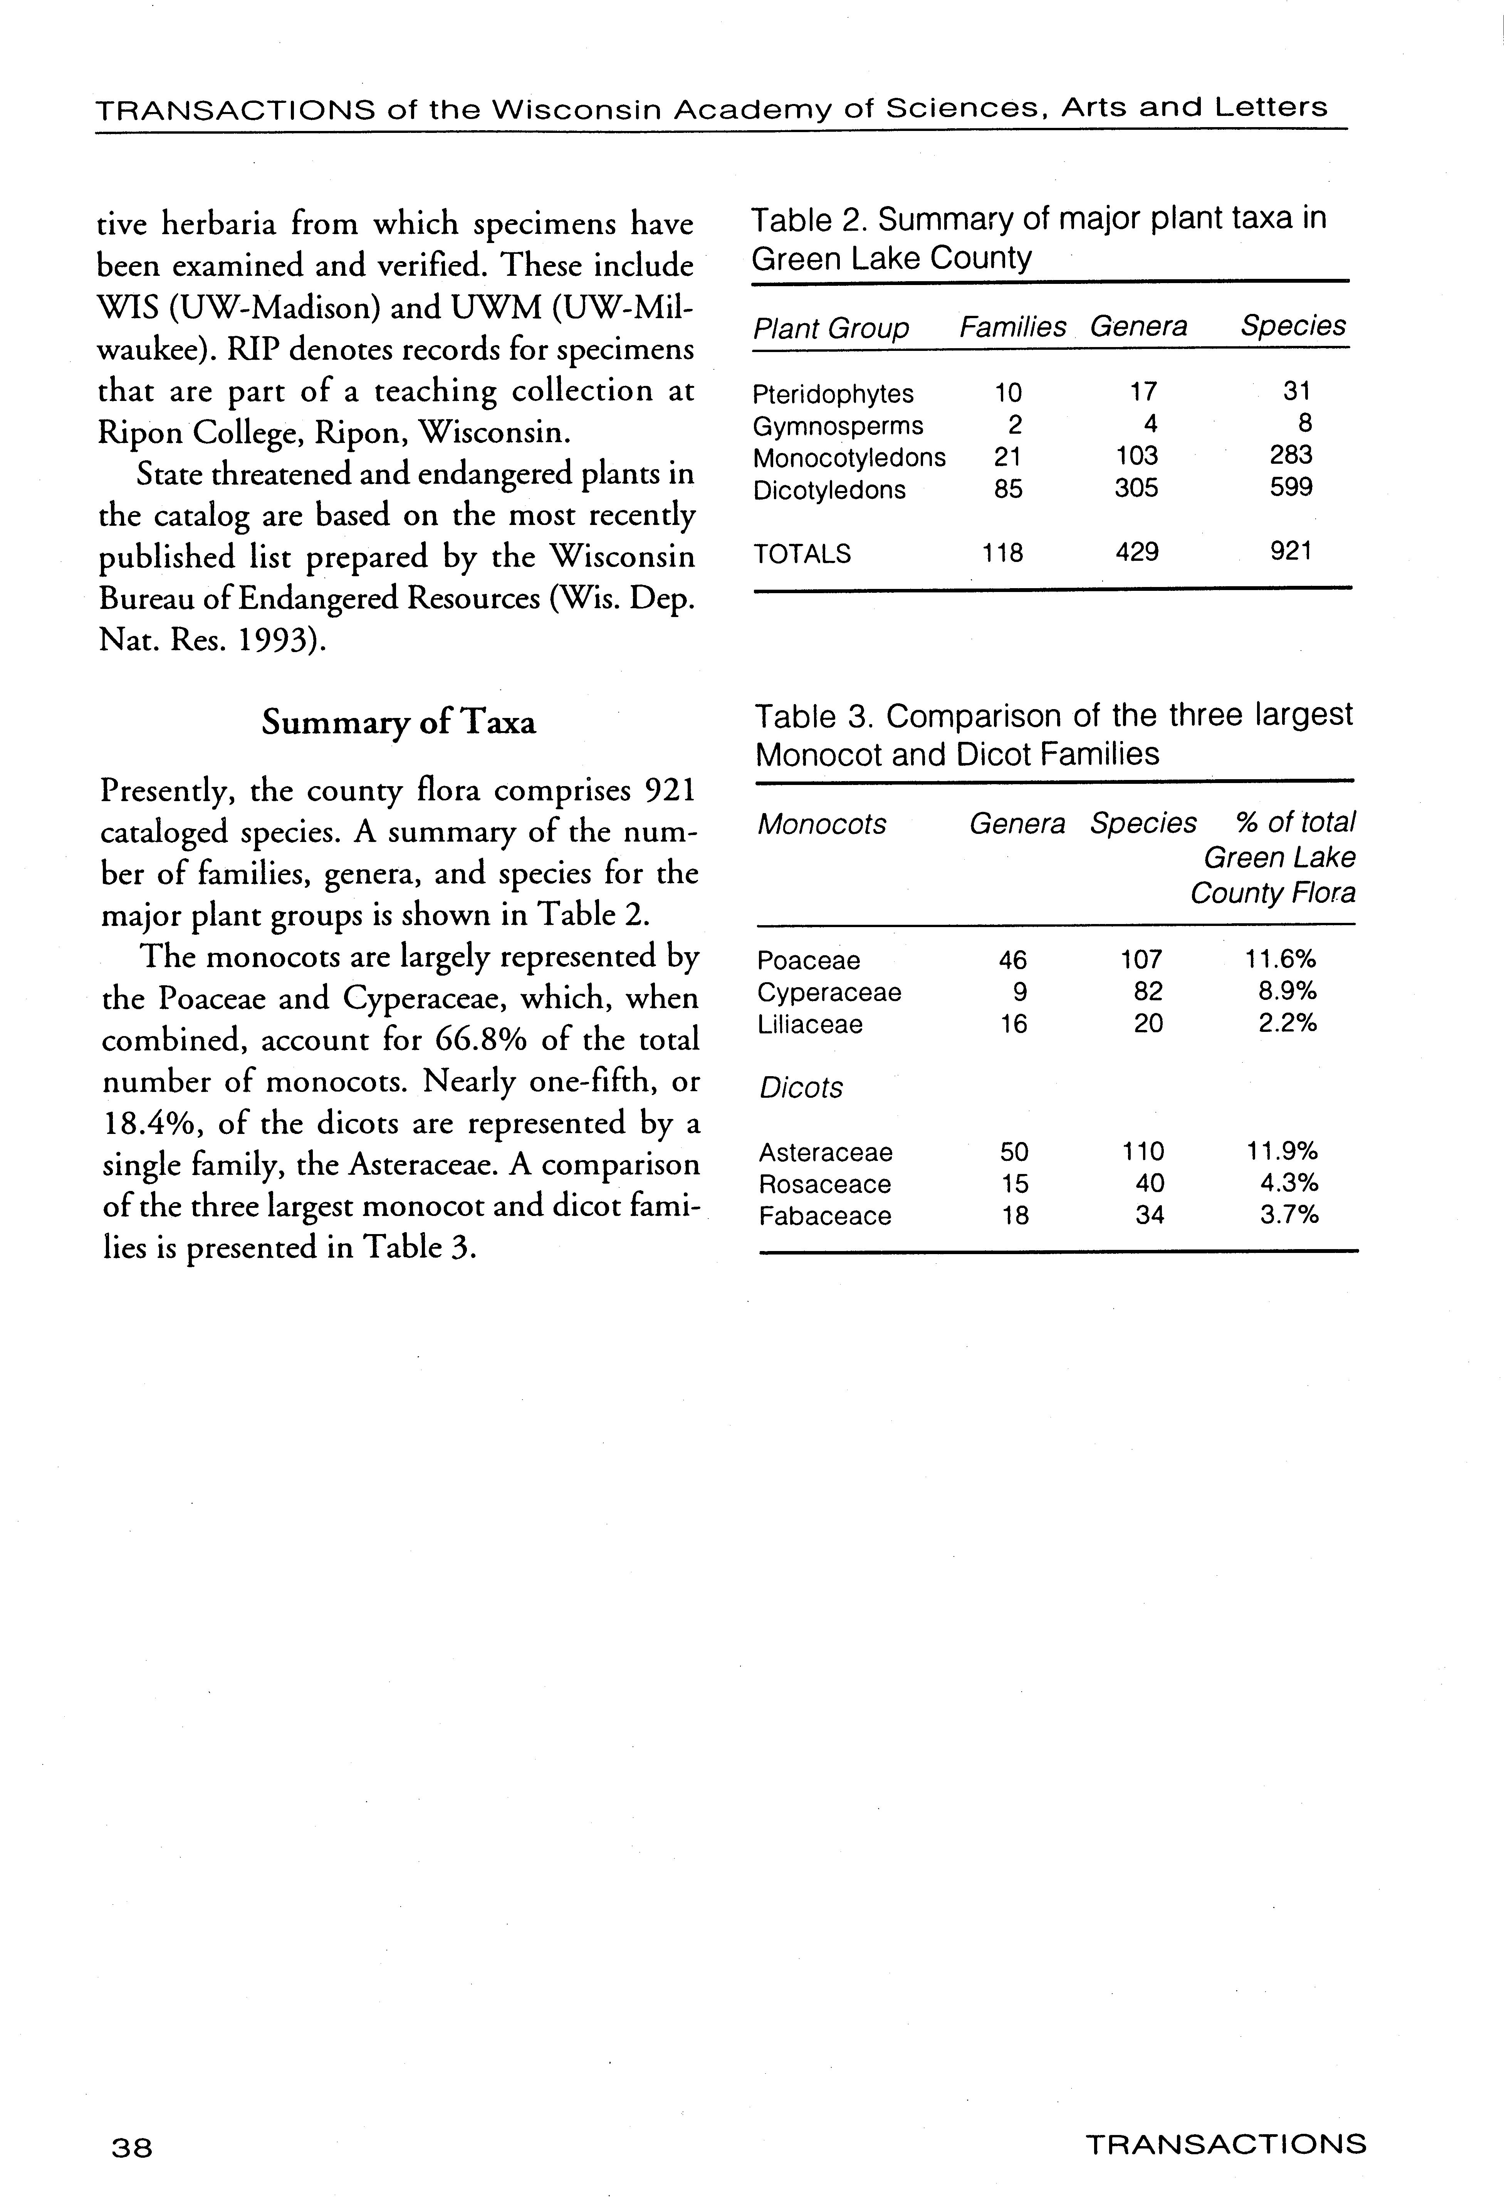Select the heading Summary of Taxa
[x=398, y=722]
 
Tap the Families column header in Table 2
[x=1012, y=327]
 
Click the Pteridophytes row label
[x=833, y=393]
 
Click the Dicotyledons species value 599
[x=1291, y=488]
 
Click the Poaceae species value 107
[x=1141, y=959]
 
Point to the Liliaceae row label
[x=810, y=1024]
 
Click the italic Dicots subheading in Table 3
[x=801, y=1088]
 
